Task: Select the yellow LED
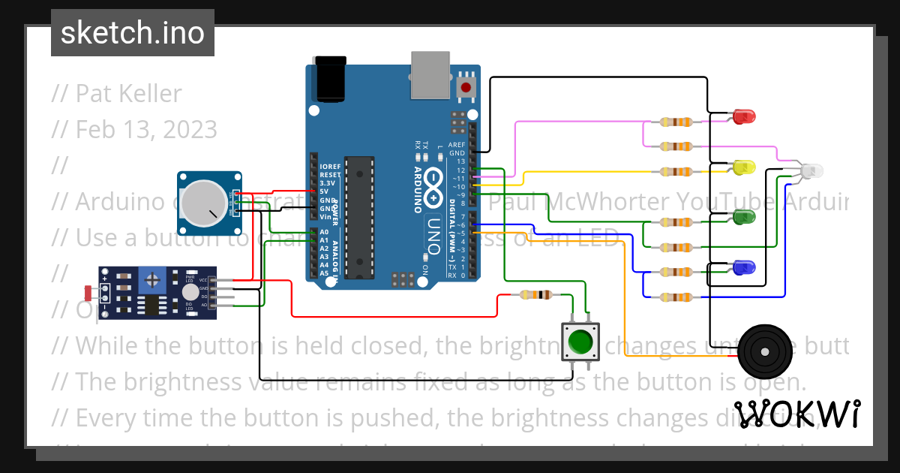pos(744,167)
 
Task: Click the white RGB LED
pos(811,171)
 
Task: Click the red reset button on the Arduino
pos(466,88)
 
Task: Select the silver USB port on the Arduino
pos(430,75)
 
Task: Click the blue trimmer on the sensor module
pos(153,281)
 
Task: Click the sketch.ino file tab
pos(133,33)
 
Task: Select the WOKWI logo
pos(796,414)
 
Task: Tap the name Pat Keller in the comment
pos(128,94)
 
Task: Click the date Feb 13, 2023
pos(145,130)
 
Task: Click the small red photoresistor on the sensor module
pos(88,291)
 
